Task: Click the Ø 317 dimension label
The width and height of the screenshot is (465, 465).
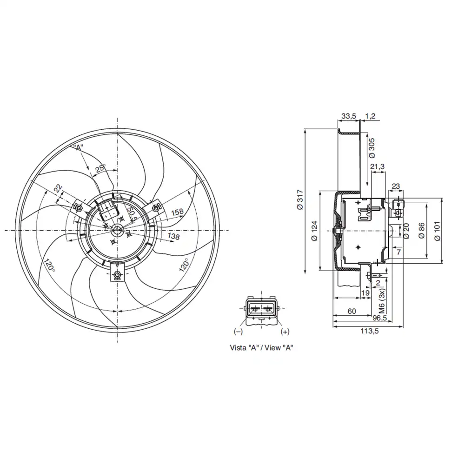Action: tap(299, 200)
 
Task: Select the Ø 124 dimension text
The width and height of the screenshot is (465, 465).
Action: tap(314, 231)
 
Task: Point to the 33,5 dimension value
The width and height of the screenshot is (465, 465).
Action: tap(348, 115)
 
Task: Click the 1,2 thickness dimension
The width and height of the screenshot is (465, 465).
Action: tap(371, 115)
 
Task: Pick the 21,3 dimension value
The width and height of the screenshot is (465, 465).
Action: tap(377, 167)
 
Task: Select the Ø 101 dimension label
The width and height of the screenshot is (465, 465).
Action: tap(437, 231)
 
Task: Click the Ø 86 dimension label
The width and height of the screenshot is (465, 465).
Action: tap(421, 231)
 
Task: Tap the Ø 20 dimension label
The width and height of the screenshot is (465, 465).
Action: tap(406, 231)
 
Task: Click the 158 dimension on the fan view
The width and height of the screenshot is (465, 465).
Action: tap(177, 212)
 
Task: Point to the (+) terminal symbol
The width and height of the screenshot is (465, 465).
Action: tap(285, 332)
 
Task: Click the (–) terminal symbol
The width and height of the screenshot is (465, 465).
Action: tap(238, 332)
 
